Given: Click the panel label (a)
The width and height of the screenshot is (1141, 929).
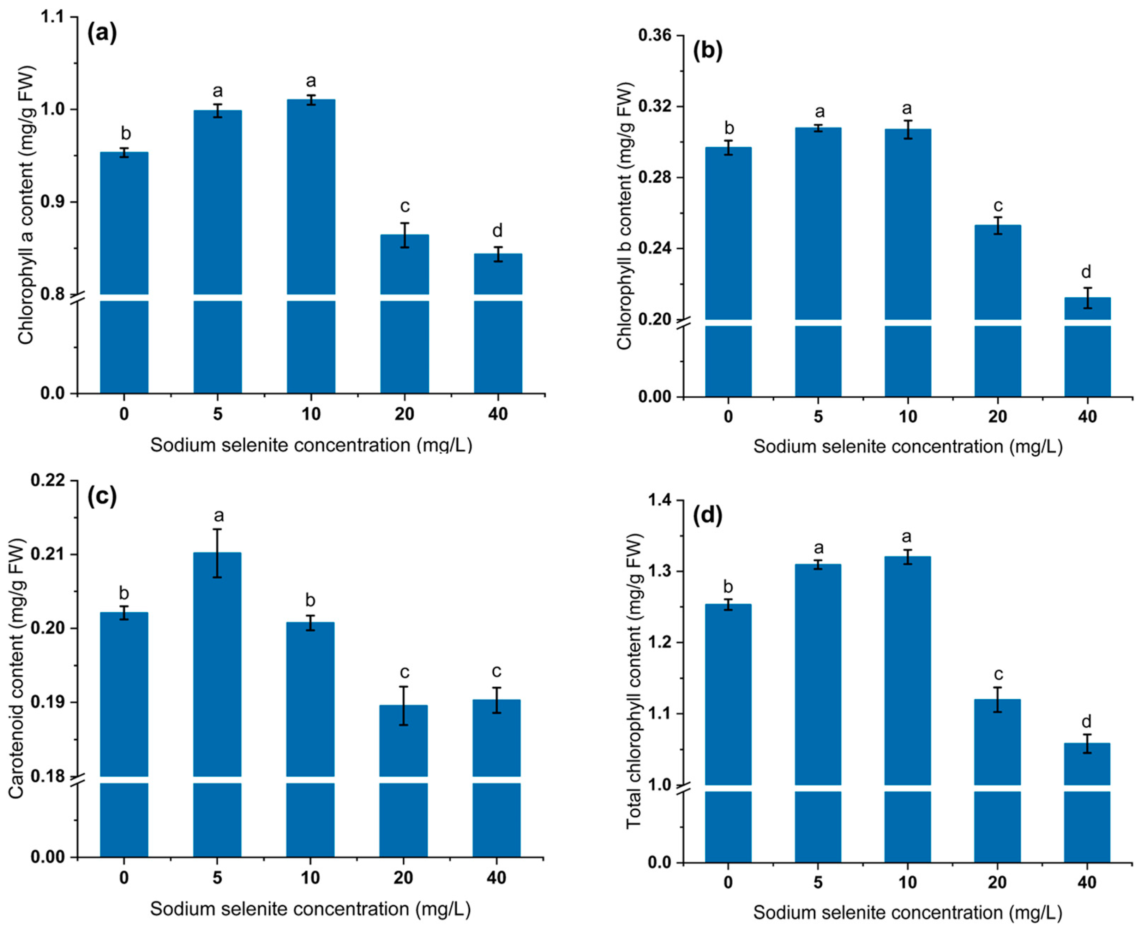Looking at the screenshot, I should [x=102, y=33].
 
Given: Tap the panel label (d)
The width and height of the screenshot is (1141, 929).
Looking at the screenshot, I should [x=707, y=515].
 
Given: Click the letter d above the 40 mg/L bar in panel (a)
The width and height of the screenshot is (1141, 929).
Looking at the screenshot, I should [x=497, y=231].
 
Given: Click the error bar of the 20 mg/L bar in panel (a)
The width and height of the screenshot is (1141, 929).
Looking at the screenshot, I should [x=405, y=235].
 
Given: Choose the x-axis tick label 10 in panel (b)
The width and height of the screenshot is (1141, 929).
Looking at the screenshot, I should [x=908, y=417].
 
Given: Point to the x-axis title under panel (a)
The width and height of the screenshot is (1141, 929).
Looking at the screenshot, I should [x=311, y=445].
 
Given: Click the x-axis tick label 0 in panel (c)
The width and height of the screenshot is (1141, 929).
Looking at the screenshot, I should [x=124, y=878].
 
